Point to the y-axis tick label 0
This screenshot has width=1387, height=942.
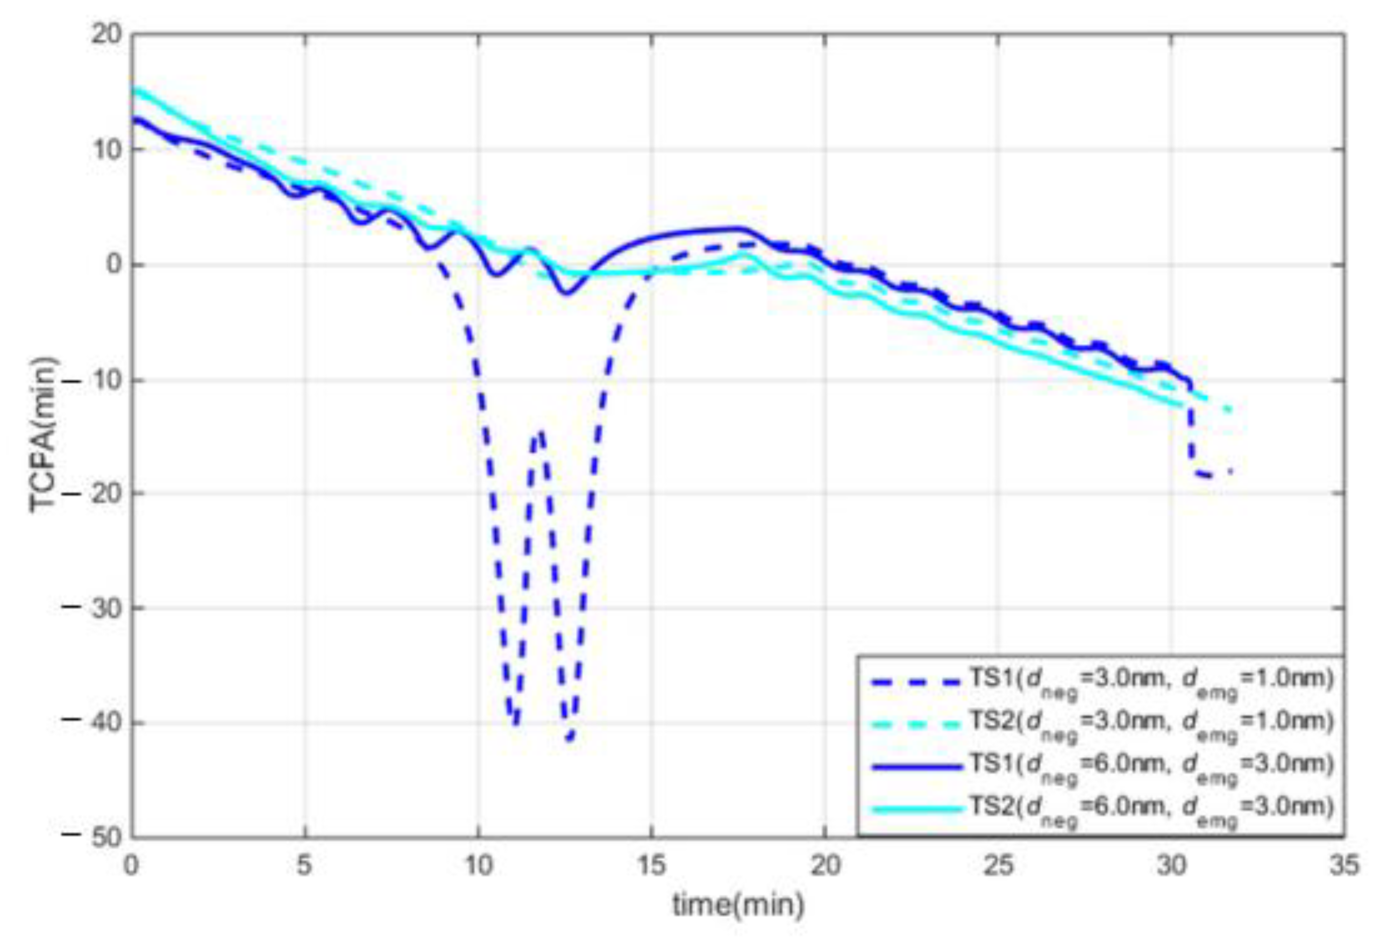tap(114, 265)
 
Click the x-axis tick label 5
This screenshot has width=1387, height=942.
tap(304, 866)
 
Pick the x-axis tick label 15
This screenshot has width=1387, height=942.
tap(651, 866)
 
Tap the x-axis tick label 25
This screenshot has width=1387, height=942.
tap(998, 866)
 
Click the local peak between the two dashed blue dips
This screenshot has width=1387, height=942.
tap(540, 431)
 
